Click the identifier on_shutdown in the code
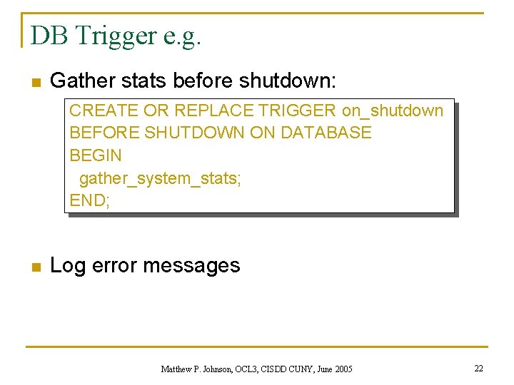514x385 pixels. point(393,111)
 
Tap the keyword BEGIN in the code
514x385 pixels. point(96,155)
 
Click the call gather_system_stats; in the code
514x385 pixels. point(160,178)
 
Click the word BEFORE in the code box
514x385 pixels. point(105,133)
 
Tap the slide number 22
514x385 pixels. point(478,368)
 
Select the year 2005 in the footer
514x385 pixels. point(343,369)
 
